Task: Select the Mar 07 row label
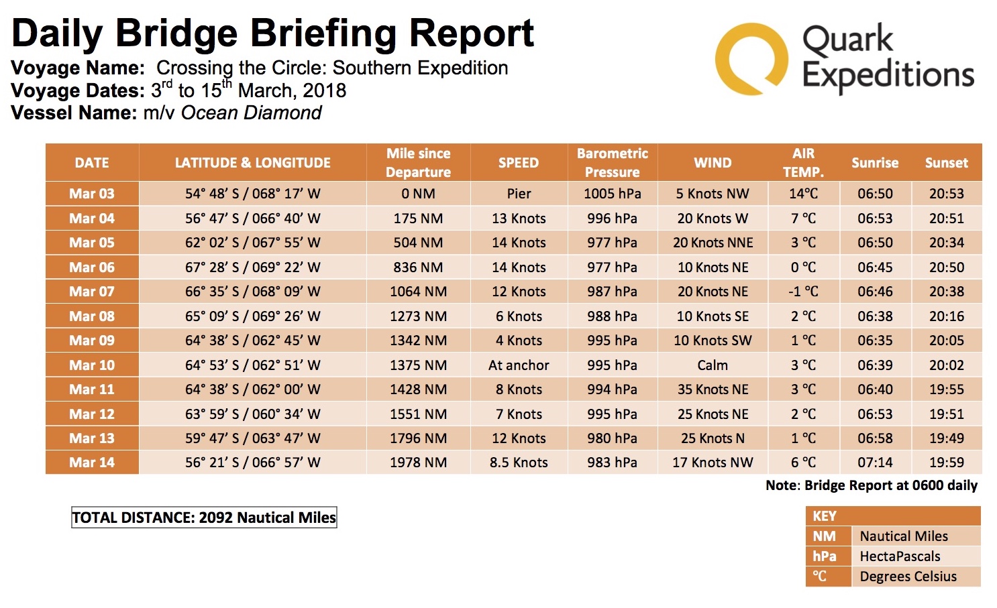(x=92, y=292)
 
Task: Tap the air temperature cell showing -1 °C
(x=803, y=292)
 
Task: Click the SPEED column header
(x=519, y=163)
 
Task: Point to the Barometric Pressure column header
(x=612, y=163)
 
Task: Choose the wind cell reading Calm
(x=712, y=365)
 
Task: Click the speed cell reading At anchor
(x=519, y=365)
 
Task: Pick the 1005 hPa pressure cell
(x=613, y=194)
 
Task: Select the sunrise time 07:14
(x=875, y=463)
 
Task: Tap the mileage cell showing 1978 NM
(x=419, y=463)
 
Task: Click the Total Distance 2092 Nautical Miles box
(x=204, y=518)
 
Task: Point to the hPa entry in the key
(x=825, y=556)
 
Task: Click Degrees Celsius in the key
(x=908, y=576)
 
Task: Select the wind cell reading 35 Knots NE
(x=713, y=389)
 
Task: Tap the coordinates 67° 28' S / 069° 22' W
(x=252, y=267)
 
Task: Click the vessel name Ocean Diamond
(x=251, y=113)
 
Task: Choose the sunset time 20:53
(x=946, y=194)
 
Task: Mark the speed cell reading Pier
(x=519, y=194)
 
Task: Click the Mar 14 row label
(x=92, y=463)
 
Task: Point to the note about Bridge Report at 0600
(x=872, y=485)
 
